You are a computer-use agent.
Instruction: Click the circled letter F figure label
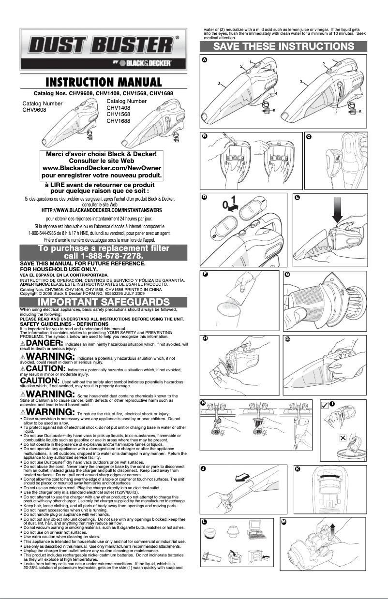click(205, 274)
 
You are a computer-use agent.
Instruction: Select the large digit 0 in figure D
click(226, 205)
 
